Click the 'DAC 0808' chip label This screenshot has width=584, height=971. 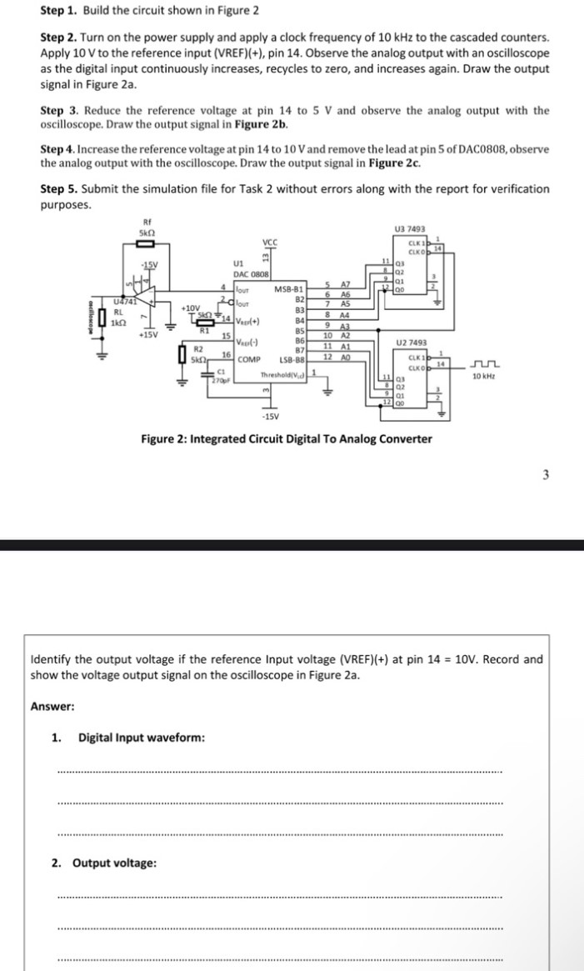pyautogui.click(x=249, y=273)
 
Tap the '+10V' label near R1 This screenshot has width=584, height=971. pyautogui.click(x=192, y=308)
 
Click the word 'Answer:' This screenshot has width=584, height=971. pyautogui.click(x=52, y=705)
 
